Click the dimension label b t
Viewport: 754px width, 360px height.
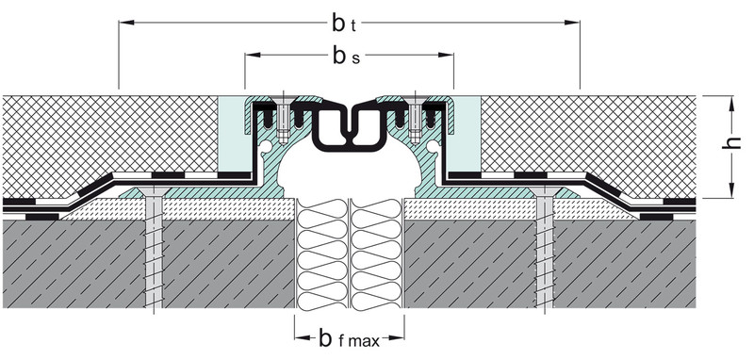[344, 24]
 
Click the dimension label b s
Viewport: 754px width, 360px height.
[346, 57]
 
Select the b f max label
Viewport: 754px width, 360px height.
[349, 339]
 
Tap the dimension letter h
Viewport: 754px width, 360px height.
[730, 142]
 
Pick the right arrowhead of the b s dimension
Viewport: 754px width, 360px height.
[446, 55]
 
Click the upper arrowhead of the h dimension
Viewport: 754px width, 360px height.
[731, 104]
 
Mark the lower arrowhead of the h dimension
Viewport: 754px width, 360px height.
[731, 189]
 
